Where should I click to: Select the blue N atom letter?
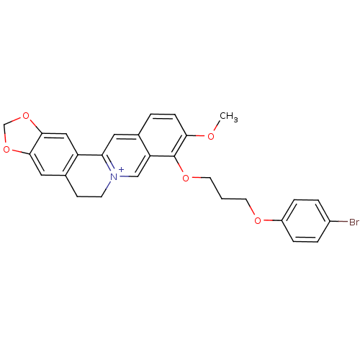(x=113, y=176)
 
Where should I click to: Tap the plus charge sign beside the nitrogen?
(x=122, y=169)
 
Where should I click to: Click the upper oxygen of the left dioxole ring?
(x=26, y=115)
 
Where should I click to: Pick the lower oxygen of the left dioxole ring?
(x=6, y=150)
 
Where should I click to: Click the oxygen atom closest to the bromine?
(x=258, y=221)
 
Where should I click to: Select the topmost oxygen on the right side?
(x=211, y=135)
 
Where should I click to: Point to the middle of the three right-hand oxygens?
(x=186, y=178)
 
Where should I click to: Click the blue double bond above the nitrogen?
(x=110, y=166)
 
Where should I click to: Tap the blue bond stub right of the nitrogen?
(x=125, y=176)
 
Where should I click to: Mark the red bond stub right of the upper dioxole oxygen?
(x=33, y=122)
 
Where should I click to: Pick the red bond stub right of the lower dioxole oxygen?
(x=17, y=150)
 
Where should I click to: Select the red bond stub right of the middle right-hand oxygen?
(x=196, y=178)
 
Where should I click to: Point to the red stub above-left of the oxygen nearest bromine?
(x=253, y=212)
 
